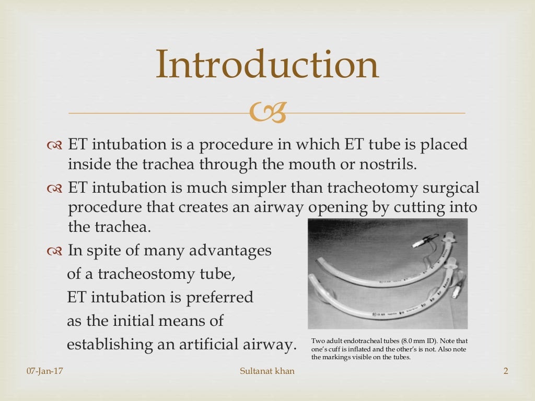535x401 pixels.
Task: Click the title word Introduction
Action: (x=267, y=65)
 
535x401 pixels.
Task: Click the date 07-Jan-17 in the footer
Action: (x=44, y=371)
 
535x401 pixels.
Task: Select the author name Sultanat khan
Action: (x=267, y=371)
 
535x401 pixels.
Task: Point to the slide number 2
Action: (x=505, y=371)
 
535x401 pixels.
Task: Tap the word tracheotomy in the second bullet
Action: (x=369, y=187)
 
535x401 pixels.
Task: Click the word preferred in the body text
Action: (x=223, y=297)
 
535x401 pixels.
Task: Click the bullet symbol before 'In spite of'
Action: (x=54, y=251)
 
